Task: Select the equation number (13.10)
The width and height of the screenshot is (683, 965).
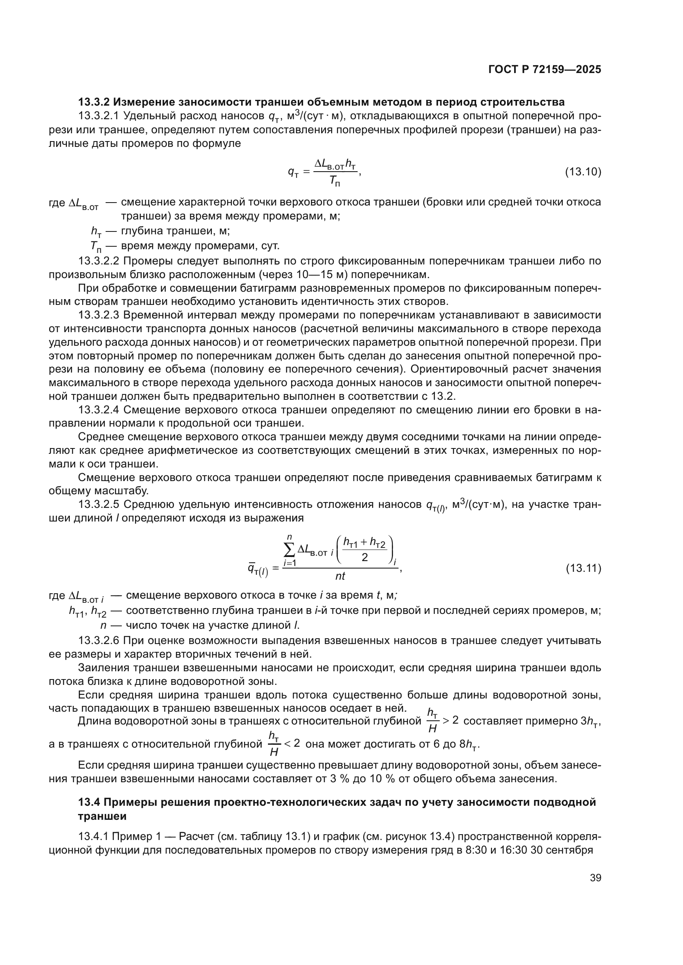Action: (583, 172)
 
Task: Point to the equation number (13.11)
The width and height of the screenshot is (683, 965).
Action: (583, 569)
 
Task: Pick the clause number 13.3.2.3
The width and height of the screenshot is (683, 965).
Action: (99, 315)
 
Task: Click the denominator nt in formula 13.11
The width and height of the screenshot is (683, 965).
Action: (340, 576)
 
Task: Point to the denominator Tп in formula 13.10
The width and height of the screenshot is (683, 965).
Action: (334, 181)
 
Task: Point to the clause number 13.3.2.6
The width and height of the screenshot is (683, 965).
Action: (99, 641)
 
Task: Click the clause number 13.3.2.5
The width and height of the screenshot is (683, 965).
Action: (99, 504)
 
